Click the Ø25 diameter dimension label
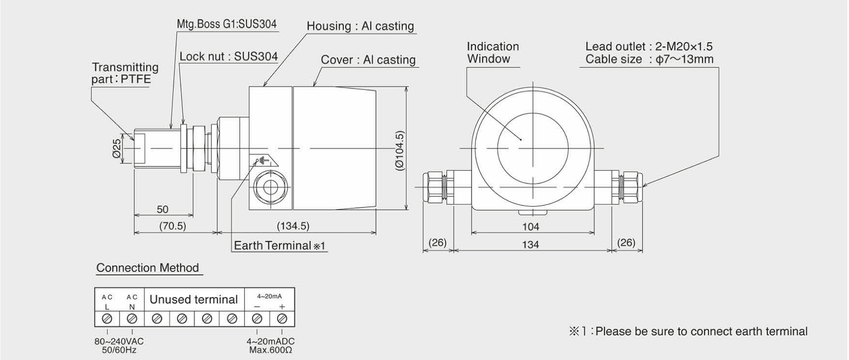tap(116, 149)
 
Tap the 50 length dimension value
tap(163, 209)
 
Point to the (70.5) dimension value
tap(172, 226)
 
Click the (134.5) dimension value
tap(293, 226)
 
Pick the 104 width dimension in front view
tap(531, 227)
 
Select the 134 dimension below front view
tap(531, 245)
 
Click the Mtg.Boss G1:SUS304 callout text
tap(227, 24)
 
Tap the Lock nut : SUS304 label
tap(229, 57)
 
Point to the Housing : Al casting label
tap(360, 26)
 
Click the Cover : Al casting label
tap(368, 60)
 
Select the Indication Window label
tap(493, 53)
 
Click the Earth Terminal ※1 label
tap(279, 246)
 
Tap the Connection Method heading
tap(147, 268)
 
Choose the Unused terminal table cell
tap(194, 300)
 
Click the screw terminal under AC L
tap(107, 318)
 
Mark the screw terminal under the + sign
tap(282, 318)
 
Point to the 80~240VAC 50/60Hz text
tap(119, 346)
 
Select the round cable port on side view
tap(270, 187)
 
